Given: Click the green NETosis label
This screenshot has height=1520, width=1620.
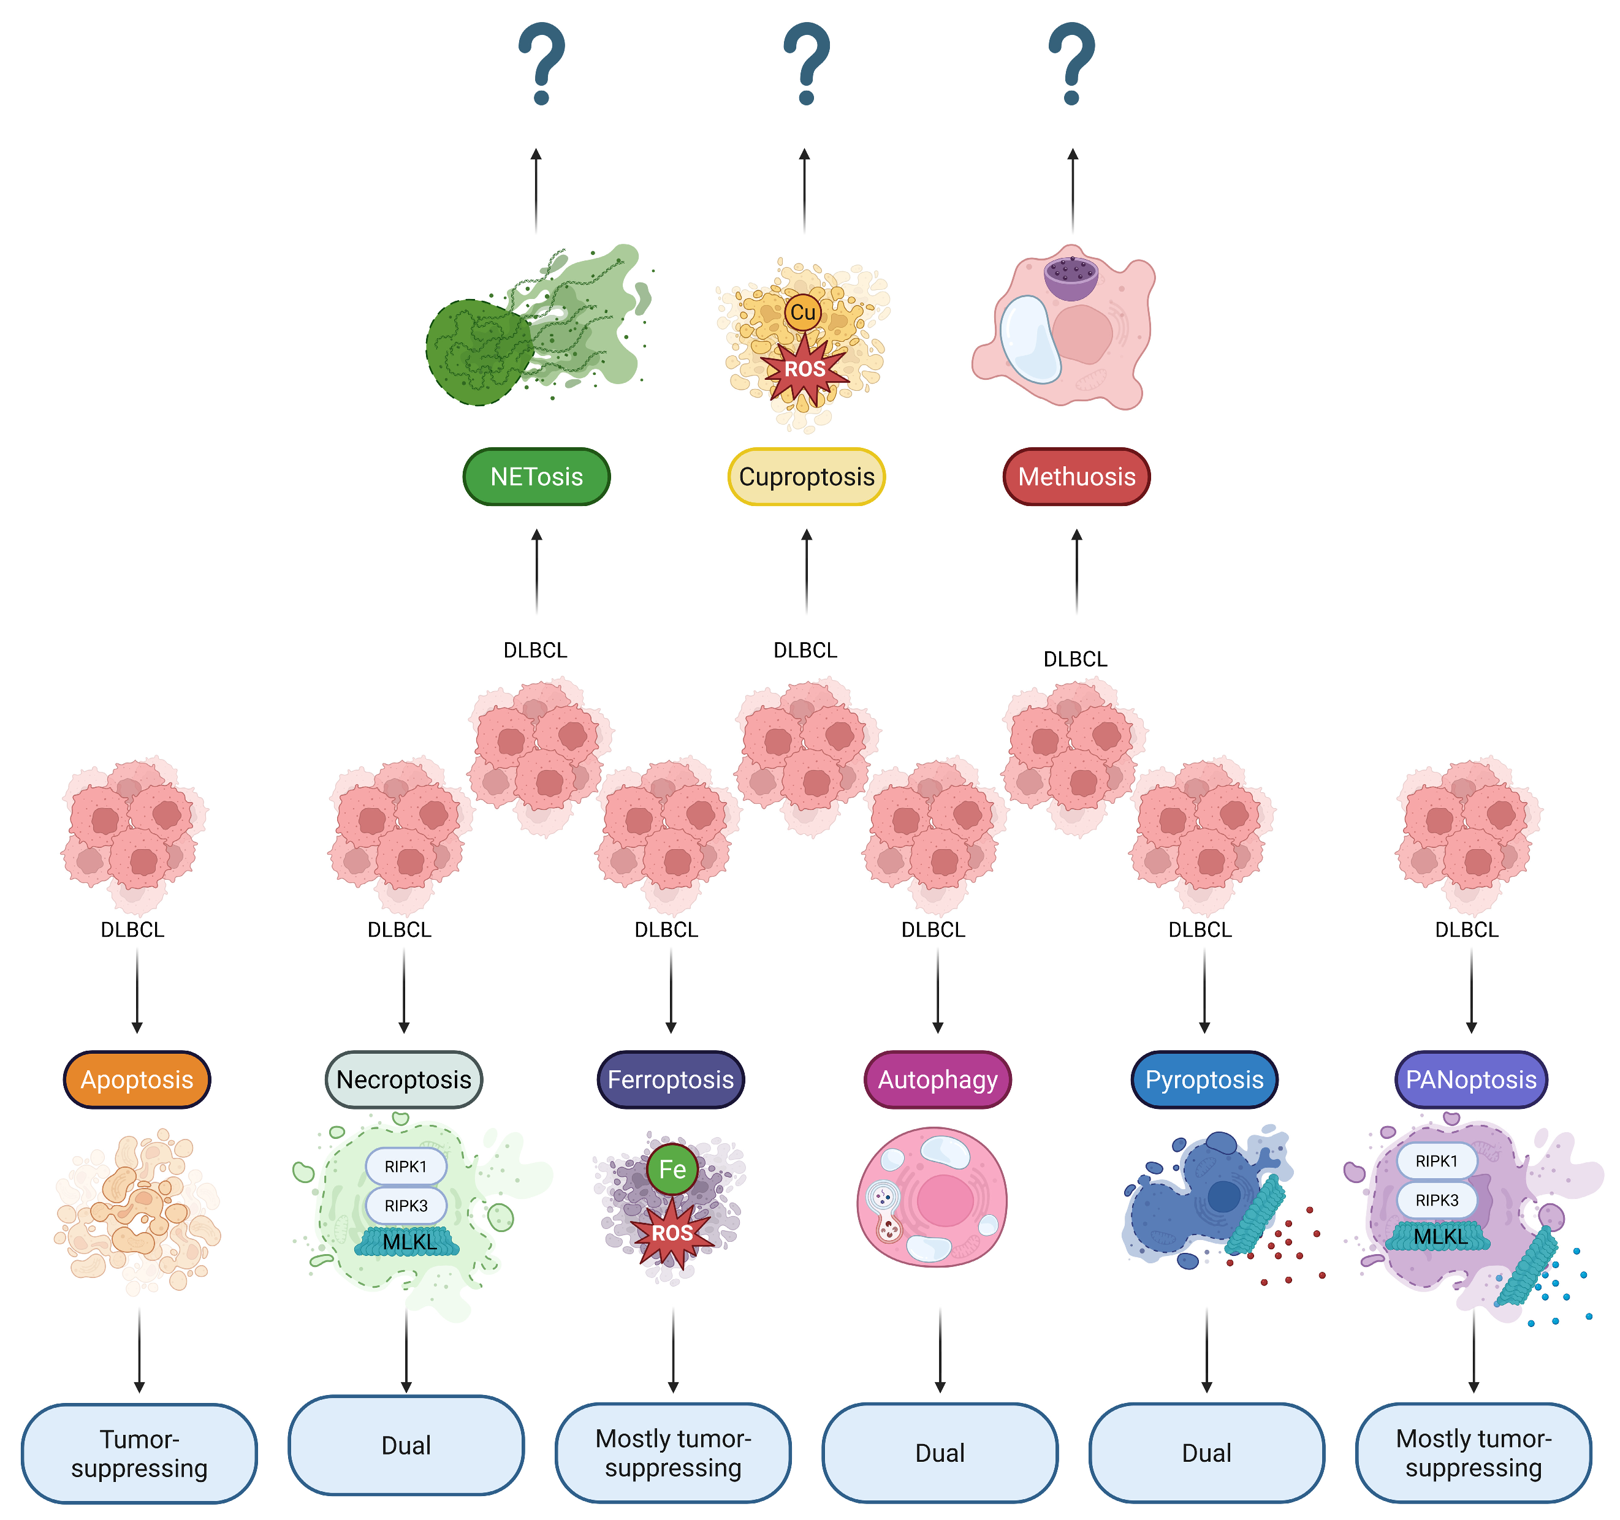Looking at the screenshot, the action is click(536, 477).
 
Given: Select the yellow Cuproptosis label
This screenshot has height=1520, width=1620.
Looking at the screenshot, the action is click(806, 477).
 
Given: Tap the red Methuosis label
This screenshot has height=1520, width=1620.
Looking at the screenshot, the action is click(1076, 477).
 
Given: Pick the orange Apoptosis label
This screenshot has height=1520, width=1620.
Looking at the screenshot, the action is click(137, 1080).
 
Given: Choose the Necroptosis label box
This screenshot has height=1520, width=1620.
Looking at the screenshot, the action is click(404, 1080).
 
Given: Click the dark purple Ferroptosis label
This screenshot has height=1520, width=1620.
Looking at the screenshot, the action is click(671, 1080).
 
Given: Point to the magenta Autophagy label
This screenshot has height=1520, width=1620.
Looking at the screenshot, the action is click(938, 1080).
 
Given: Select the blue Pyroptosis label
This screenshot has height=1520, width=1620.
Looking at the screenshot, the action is click(1204, 1080).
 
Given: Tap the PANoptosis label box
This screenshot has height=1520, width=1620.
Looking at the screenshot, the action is click(1471, 1080).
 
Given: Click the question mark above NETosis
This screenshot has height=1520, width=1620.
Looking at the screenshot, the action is click(542, 64).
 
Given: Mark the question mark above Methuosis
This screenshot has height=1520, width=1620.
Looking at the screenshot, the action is click(1073, 64).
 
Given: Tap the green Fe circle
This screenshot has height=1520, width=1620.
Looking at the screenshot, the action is click(672, 1170).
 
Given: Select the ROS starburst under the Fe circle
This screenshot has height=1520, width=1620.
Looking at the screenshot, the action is click(672, 1233).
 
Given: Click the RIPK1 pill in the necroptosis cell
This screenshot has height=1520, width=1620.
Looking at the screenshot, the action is click(406, 1166).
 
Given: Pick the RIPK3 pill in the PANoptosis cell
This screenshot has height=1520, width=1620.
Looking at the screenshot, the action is click(1437, 1200).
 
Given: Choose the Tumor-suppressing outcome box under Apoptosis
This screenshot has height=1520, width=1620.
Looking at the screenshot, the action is click(139, 1453).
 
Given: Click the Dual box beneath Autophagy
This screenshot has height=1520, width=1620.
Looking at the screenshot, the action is click(940, 1453).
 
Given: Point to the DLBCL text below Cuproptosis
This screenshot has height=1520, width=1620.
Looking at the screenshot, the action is click(805, 650).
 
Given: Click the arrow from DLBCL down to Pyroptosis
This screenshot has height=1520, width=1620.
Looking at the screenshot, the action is click(1204, 991).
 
